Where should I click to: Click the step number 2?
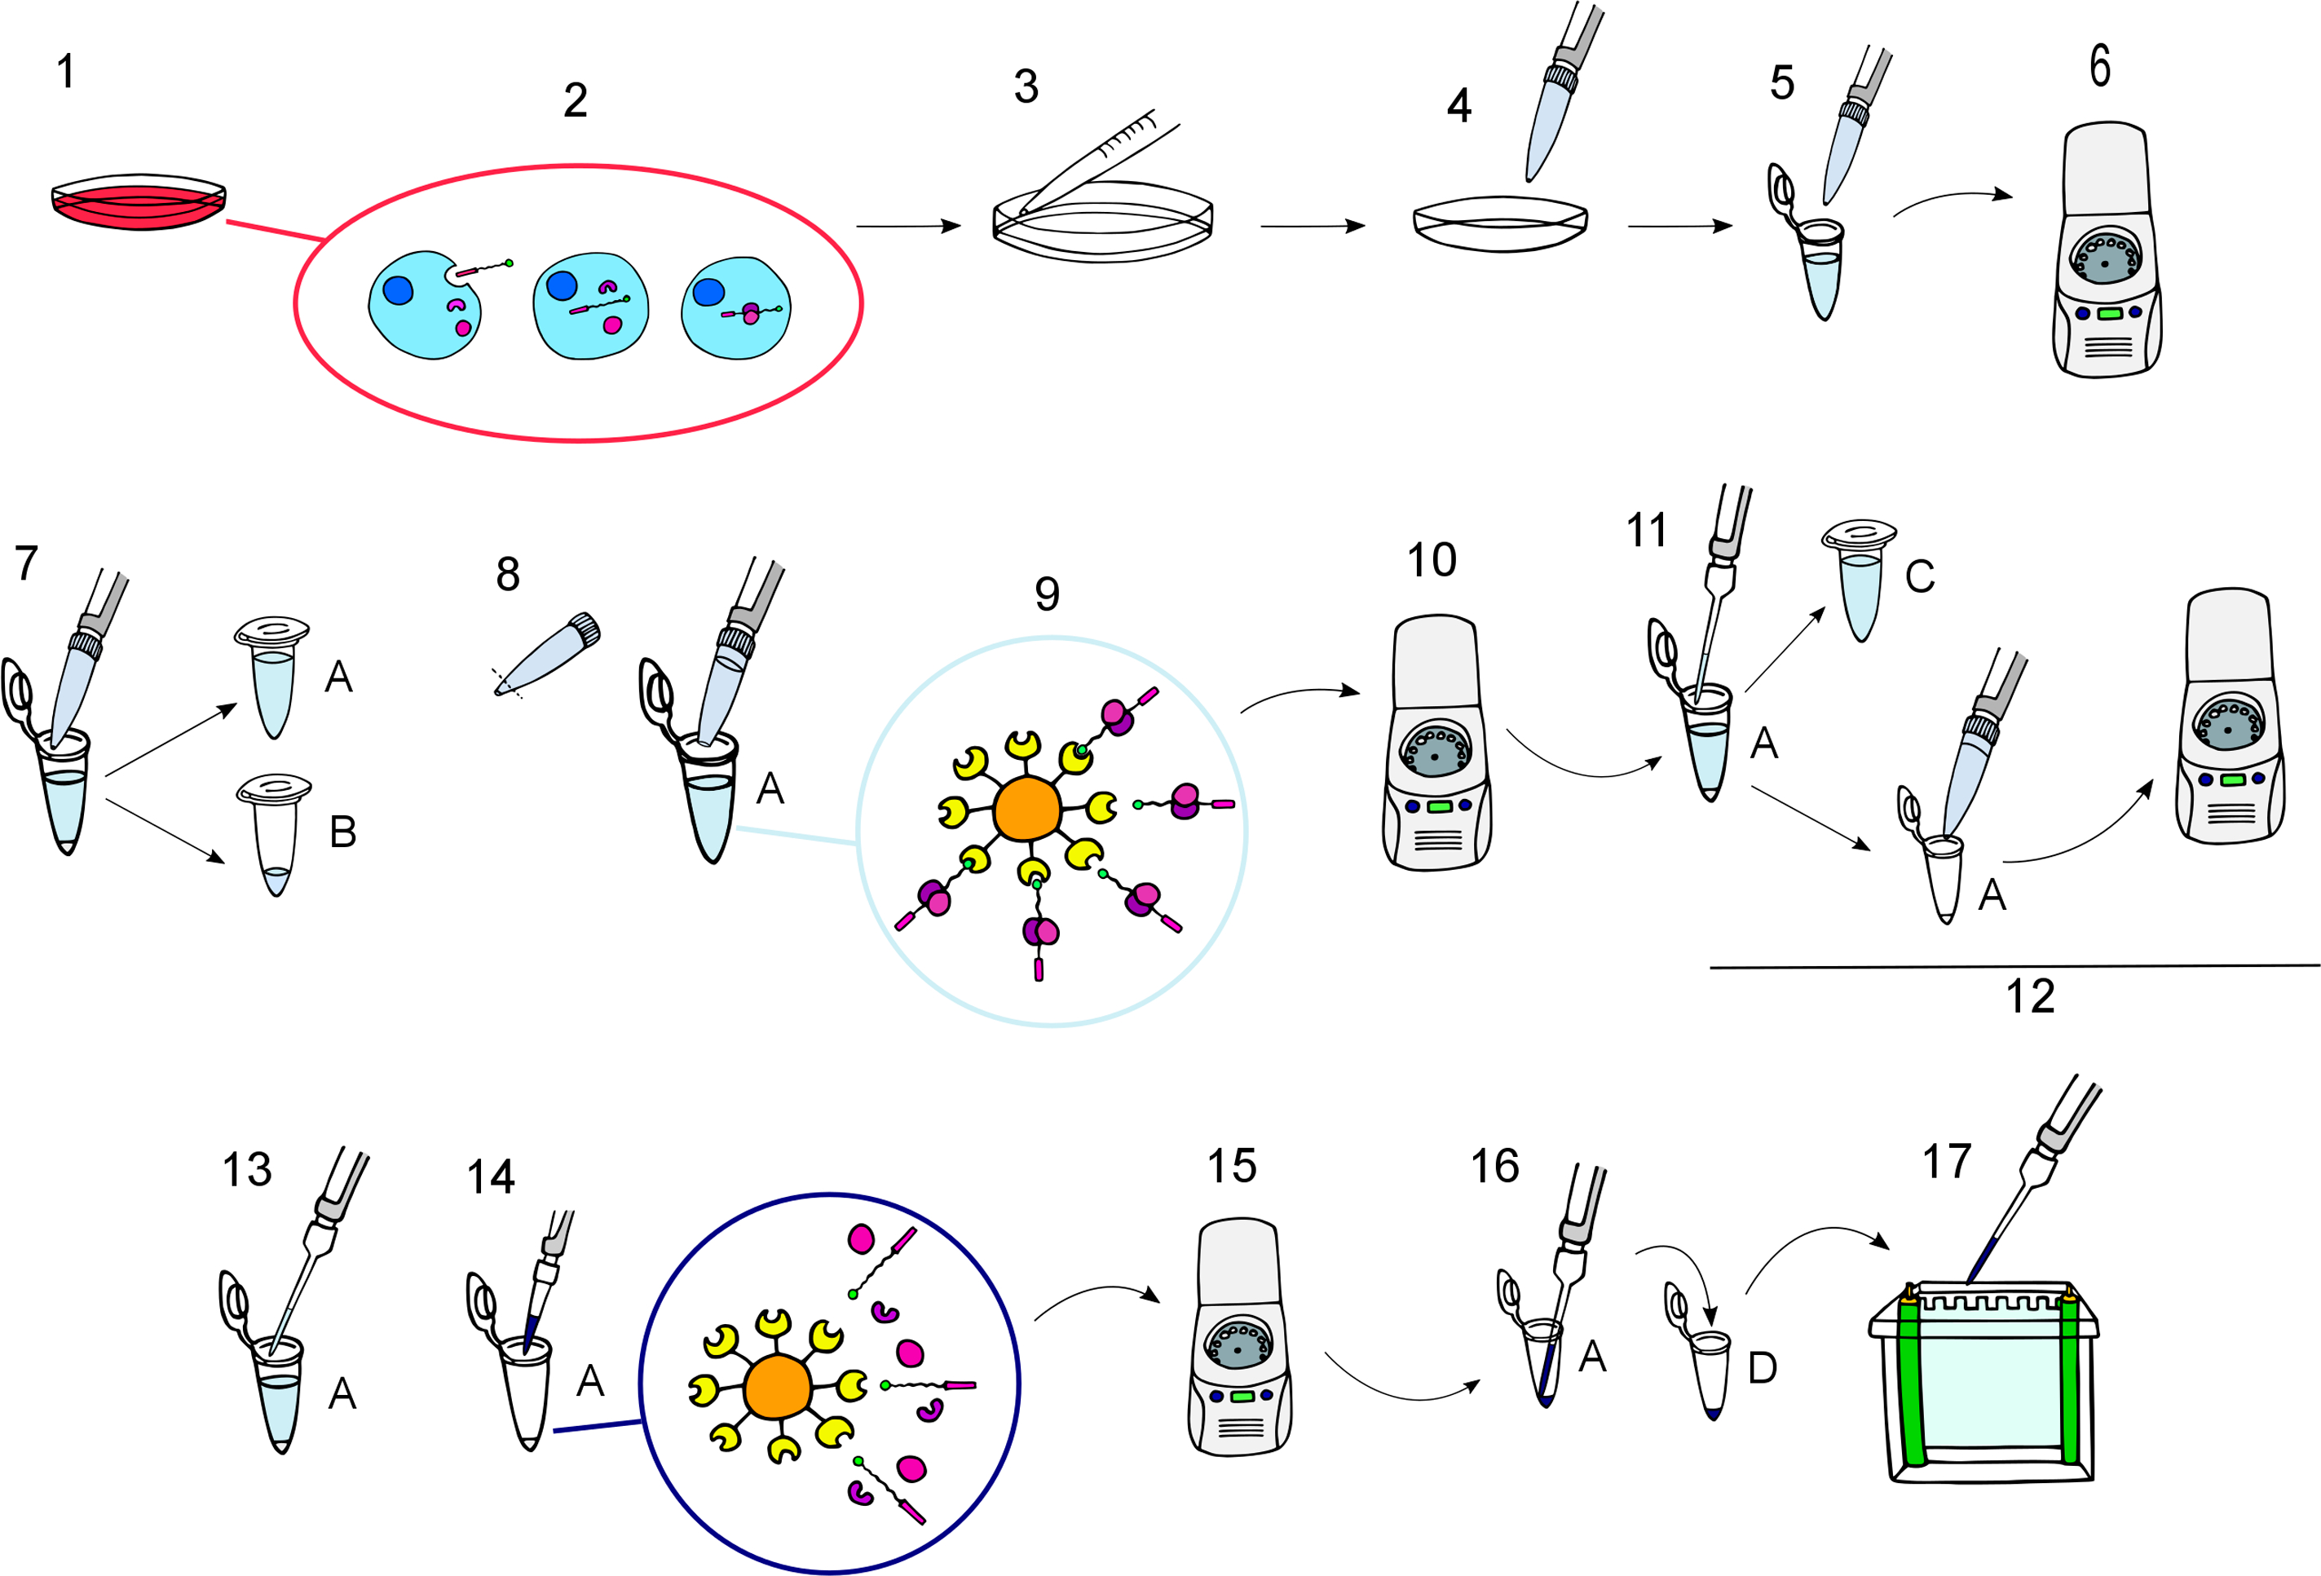pyautogui.click(x=576, y=99)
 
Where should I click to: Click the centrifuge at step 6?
pyautogui.click(x=2107, y=249)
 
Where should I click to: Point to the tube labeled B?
pyautogui.click(x=275, y=835)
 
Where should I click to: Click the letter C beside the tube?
pyautogui.click(x=1920, y=576)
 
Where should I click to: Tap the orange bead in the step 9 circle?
pyautogui.click(x=1026, y=809)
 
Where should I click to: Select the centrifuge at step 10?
pyautogui.click(x=1436, y=742)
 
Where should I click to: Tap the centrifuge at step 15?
pyautogui.click(x=1239, y=1336)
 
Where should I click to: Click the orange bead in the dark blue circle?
pyautogui.click(x=777, y=1387)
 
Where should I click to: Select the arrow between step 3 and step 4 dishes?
pyautogui.click(x=1313, y=226)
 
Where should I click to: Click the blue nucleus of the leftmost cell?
pyautogui.click(x=398, y=289)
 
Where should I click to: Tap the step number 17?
pyautogui.click(x=1948, y=1162)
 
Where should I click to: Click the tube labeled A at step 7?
pyautogui.click(x=272, y=678)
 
